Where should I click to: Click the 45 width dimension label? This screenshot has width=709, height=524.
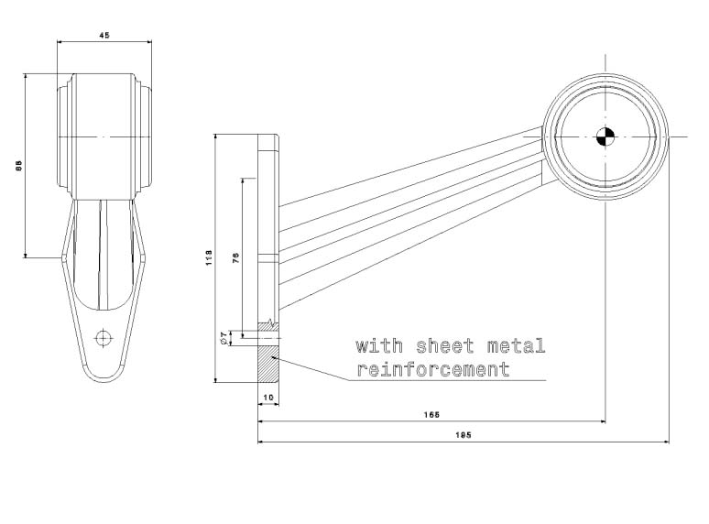pos(104,35)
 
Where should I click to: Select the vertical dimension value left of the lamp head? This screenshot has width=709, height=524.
pos(17,166)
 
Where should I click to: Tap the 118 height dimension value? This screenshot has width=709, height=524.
pos(208,258)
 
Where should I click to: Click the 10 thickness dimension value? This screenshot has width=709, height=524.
pos(267,397)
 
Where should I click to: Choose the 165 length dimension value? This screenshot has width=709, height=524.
pos(431,415)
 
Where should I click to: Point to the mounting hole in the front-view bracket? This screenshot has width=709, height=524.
pos(104,337)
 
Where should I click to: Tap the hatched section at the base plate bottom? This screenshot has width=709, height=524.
pos(267,366)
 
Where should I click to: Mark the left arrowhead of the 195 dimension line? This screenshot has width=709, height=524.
pos(262,442)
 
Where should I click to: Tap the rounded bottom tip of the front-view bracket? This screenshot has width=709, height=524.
pos(104,379)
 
